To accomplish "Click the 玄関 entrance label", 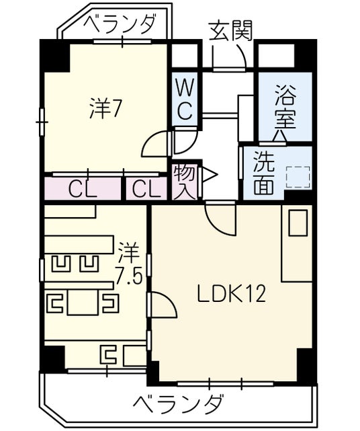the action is click(x=230, y=30).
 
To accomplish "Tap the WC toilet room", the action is click(x=185, y=100).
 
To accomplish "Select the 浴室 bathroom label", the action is click(x=285, y=107).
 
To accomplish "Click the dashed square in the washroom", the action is click(x=298, y=178).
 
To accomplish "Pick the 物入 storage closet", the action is click(x=184, y=181).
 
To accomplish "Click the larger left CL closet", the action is click(x=83, y=188).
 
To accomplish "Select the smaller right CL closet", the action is click(x=146, y=188).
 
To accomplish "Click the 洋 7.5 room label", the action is click(x=128, y=263).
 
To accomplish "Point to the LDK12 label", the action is click(x=232, y=293).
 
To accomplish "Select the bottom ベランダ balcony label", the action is click(x=177, y=404).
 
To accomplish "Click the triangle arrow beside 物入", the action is click(x=210, y=175).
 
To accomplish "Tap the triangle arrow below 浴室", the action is click(x=280, y=136).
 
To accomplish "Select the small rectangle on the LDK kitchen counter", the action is click(x=298, y=223).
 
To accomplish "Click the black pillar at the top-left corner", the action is click(x=54, y=56).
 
